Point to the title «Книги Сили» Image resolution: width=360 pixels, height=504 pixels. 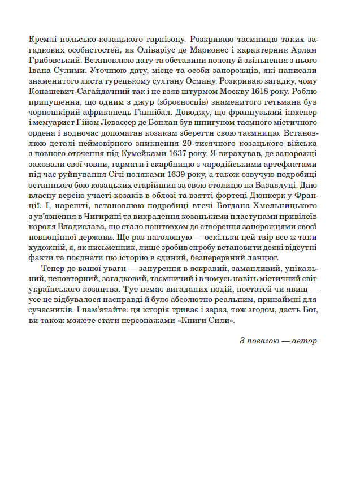[x=211, y=320]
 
